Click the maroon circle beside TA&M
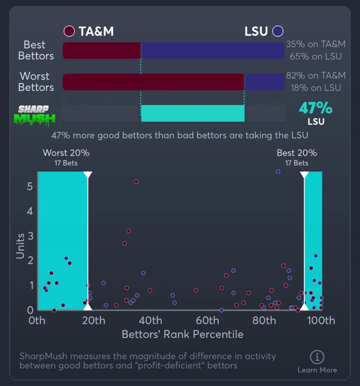click(x=69, y=31)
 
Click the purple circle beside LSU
click(x=278, y=31)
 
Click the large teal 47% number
click(x=316, y=108)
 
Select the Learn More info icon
click(x=317, y=357)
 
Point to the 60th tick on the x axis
click(x=207, y=320)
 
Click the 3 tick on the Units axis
click(x=30, y=236)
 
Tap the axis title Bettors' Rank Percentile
click(x=183, y=334)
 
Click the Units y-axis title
click(x=20, y=246)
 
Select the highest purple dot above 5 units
click(x=278, y=172)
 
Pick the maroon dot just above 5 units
click(x=136, y=181)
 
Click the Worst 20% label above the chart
click(x=66, y=153)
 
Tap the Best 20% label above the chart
click(x=297, y=153)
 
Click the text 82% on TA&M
click(x=316, y=76)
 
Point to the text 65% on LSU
click(x=316, y=57)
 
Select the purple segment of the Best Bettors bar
click(x=212, y=51)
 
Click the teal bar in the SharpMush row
click(x=193, y=113)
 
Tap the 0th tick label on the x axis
click(x=37, y=320)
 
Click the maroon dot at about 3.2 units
click(x=128, y=231)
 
